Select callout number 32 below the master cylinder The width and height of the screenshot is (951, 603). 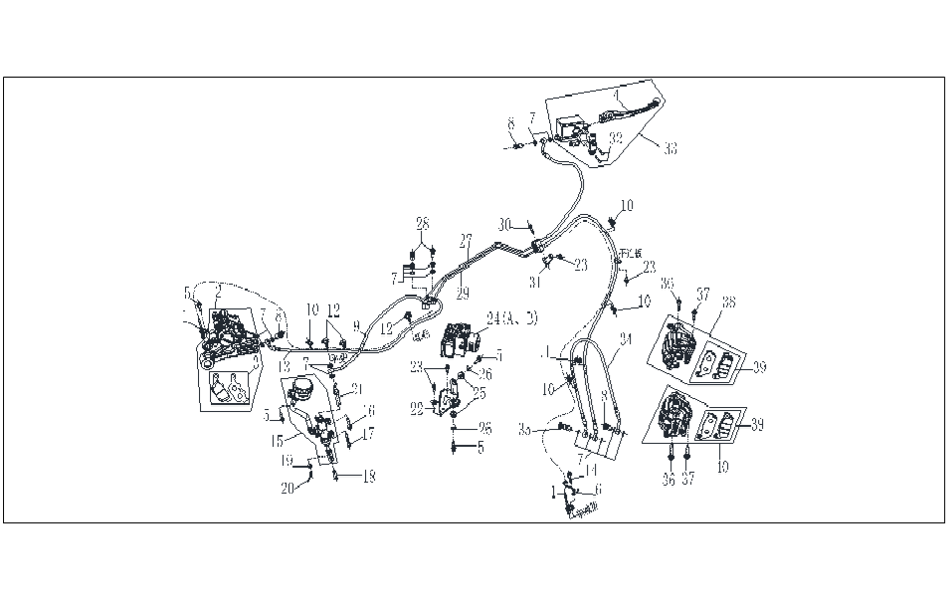[x=616, y=137]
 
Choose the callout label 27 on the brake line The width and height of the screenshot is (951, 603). [x=465, y=240]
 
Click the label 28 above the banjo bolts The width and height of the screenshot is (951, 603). [x=423, y=221]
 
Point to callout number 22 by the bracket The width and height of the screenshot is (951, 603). [x=418, y=407]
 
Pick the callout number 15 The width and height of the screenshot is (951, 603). [x=279, y=440]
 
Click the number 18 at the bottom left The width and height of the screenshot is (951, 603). [x=368, y=477]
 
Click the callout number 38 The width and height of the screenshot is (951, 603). [x=728, y=302]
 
